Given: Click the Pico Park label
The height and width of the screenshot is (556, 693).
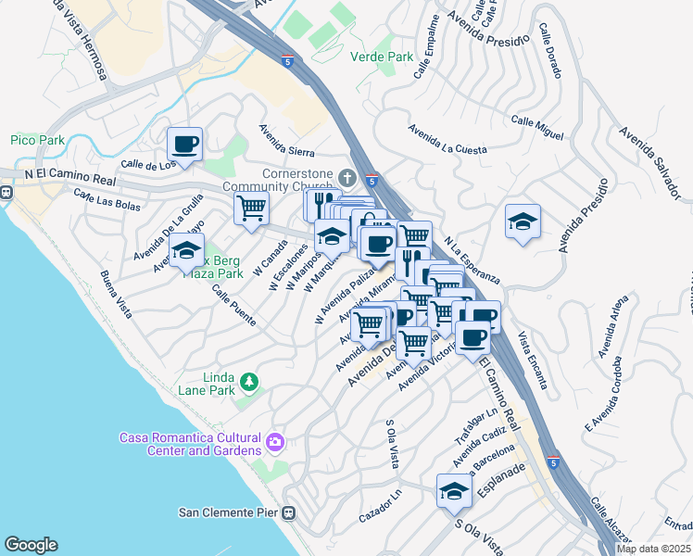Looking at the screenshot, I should pyautogui.click(x=37, y=140).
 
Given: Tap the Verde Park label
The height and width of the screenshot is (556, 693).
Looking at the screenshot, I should pyautogui.click(x=382, y=57).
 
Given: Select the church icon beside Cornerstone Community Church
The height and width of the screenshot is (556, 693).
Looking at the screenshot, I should pyautogui.click(x=347, y=177).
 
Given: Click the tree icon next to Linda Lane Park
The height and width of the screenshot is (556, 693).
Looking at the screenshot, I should pyautogui.click(x=248, y=381).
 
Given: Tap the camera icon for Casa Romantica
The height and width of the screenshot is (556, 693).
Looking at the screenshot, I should pyautogui.click(x=274, y=442).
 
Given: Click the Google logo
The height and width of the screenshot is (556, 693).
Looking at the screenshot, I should pyautogui.click(x=31, y=545).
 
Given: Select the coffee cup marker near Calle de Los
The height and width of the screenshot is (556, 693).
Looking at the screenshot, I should pyautogui.click(x=184, y=145).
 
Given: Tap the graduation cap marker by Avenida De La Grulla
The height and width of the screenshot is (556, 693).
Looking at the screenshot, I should pyautogui.click(x=186, y=249).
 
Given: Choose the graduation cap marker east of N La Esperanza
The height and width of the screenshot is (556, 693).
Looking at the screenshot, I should pyautogui.click(x=523, y=221).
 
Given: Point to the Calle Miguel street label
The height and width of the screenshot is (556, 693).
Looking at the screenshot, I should pyautogui.click(x=536, y=128).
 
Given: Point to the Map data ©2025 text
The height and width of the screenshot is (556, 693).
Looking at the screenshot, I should pyautogui.click(x=653, y=549).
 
